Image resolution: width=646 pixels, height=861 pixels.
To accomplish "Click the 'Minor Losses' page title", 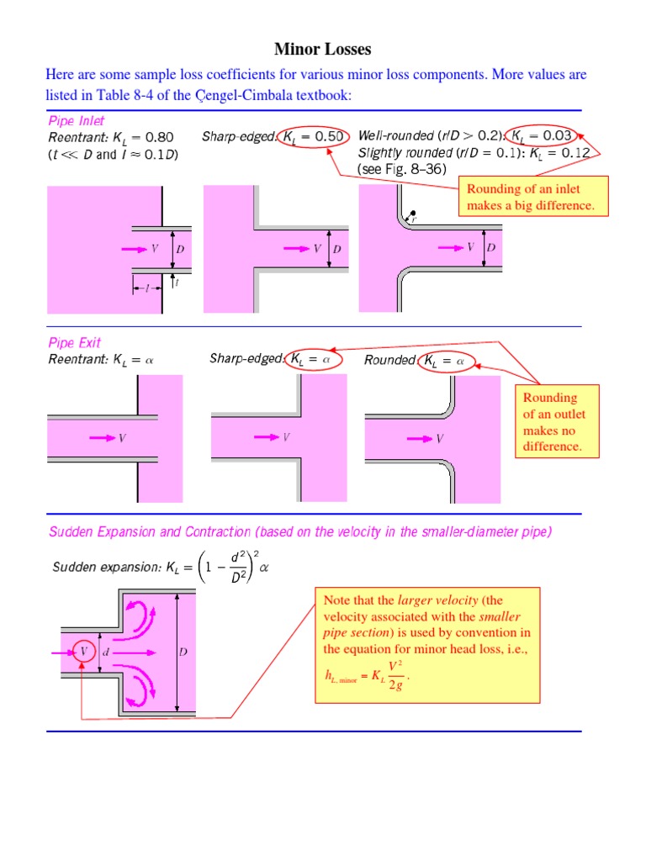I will (x=323, y=50).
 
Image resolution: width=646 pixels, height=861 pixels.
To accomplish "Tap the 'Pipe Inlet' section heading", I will (x=77, y=120).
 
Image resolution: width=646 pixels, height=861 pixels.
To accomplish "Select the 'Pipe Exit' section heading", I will (x=74, y=343).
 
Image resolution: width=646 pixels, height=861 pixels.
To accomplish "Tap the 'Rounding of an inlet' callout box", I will (x=532, y=196).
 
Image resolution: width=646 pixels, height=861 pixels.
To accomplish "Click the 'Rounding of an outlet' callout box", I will (x=555, y=421).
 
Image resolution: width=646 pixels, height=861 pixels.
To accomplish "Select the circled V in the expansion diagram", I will (x=83, y=652).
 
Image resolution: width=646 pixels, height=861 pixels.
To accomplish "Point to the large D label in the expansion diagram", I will (x=184, y=652).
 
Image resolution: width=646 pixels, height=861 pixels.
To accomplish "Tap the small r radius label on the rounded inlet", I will (x=413, y=218).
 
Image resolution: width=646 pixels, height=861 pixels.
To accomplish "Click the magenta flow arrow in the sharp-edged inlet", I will (x=298, y=248).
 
